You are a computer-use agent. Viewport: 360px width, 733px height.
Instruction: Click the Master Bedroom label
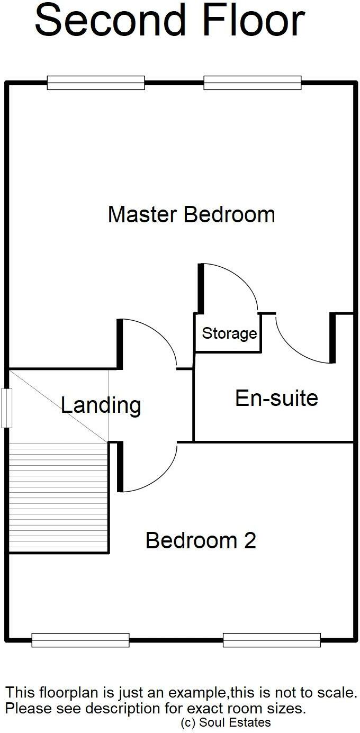pos(191,215)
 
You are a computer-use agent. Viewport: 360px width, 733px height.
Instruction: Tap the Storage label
pos(229,334)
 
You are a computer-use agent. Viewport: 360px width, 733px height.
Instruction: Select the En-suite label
pos(276,398)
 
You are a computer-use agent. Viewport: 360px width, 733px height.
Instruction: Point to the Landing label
pos(101,405)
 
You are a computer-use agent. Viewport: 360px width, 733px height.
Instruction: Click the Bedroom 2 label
pos(201,540)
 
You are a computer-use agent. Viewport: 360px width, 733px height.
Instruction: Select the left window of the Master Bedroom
pos(96,83)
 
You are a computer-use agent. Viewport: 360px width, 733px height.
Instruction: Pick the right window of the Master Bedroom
pos(252,83)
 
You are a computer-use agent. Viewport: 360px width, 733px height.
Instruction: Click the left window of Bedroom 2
pos(80,640)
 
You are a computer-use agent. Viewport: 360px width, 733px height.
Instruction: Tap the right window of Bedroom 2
pos(272,640)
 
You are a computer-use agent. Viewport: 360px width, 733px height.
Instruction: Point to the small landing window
pos(6,408)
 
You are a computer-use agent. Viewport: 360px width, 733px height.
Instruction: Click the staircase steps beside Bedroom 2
pos(59,497)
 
